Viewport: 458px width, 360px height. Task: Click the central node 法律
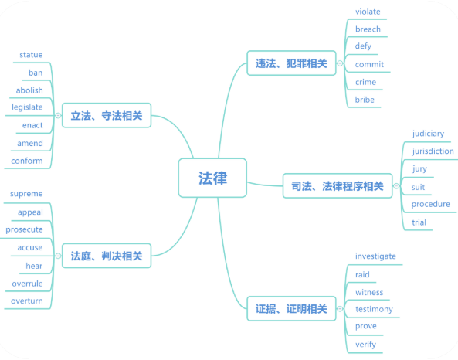coord(212,178)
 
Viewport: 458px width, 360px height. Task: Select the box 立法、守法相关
coord(107,115)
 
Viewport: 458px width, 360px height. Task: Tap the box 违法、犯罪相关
coord(291,63)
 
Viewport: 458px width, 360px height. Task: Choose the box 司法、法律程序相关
coord(338,186)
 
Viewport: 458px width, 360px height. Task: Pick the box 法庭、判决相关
coord(107,256)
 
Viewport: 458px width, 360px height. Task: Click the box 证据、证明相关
coord(291,308)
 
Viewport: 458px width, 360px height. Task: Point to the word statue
coord(31,55)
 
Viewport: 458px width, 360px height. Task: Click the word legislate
coord(27,107)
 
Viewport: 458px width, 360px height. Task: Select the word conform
coord(27,161)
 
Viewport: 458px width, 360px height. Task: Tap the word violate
coord(368,12)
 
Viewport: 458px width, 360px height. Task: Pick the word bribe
coord(365,100)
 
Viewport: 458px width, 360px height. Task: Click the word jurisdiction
coord(433,151)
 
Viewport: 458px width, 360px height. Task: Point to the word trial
coord(419,222)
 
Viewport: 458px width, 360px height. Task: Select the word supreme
coord(26,194)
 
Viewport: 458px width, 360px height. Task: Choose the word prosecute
coord(24,230)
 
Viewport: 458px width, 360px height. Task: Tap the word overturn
coord(27,301)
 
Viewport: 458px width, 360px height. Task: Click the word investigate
coord(375,256)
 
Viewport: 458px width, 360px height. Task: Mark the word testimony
coord(374,309)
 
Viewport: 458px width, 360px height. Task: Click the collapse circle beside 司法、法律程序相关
coord(396,186)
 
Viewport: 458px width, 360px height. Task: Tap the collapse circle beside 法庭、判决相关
coord(58,256)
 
